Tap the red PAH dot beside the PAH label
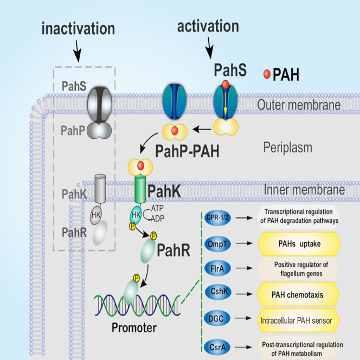pos(266,74)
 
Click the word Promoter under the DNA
pos(134,327)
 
